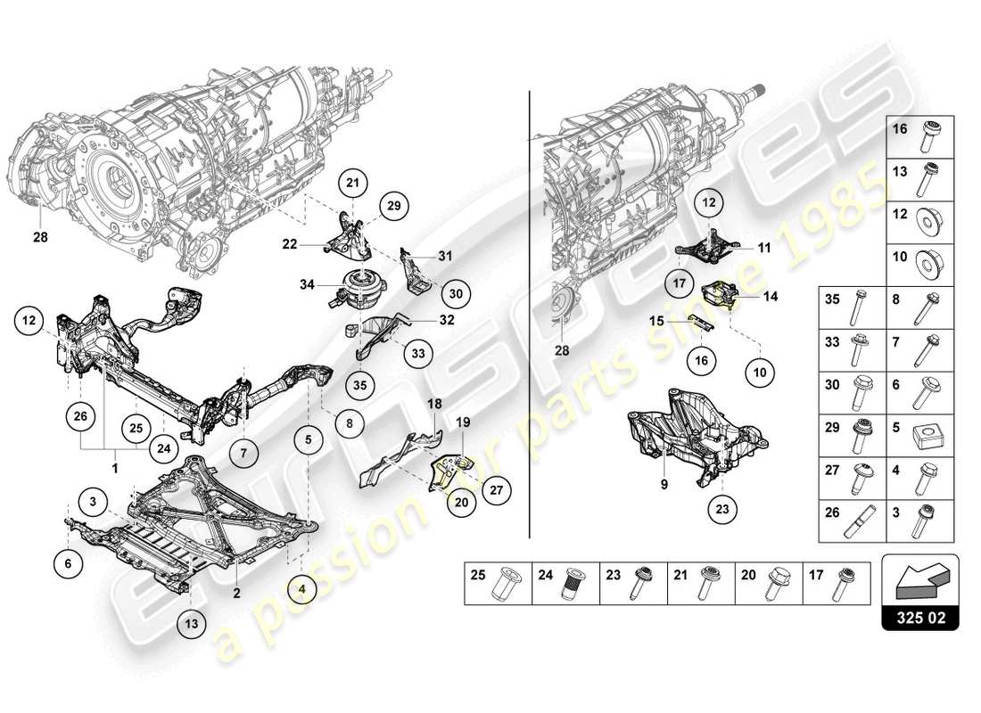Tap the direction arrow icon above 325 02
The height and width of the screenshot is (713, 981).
pyautogui.click(x=919, y=580)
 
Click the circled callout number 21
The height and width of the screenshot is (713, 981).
pyautogui.click(x=353, y=184)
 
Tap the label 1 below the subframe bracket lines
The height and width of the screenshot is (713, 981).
pyautogui.click(x=115, y=466)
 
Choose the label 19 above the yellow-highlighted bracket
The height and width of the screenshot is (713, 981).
pyautogui.click(x=463, y=421)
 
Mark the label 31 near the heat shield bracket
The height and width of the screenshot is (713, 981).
pyautogui.click(x=446, y=256)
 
